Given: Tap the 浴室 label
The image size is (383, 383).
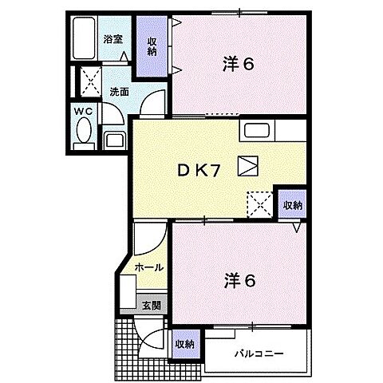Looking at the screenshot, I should click(x=113, y=38).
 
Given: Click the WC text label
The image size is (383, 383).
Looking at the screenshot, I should click(x=84, y=112).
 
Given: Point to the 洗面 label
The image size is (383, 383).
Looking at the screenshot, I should click(x=120, y=92).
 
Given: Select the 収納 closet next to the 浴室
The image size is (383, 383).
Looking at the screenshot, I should click(x=151, y=46).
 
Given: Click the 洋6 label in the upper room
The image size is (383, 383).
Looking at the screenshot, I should click(x=237, y=65).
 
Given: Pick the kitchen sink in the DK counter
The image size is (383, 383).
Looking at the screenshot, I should click(x=257, y=131).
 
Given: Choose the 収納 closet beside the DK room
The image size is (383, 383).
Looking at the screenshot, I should click(x=292, y=205).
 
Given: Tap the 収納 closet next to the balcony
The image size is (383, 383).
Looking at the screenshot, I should click(x=184, y=344).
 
